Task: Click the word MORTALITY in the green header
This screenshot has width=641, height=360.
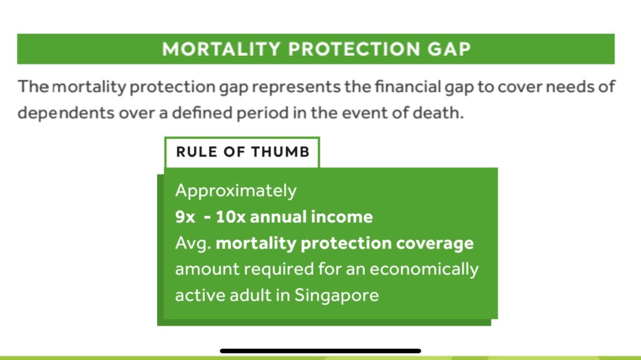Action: click(221, 49)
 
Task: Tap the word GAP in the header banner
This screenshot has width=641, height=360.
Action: click(449, 49)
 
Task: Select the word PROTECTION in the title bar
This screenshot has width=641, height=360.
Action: click(354, 49)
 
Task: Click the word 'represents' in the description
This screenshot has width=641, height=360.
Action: click(296, 87)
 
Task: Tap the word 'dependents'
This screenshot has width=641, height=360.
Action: click(66, 113)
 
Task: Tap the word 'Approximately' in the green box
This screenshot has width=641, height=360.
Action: click(236, 191)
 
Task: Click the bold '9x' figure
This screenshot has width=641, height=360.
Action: click(185, 217)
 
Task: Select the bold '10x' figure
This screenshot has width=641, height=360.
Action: click(230, 217)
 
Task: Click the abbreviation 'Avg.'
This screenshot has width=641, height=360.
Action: click(193, 244)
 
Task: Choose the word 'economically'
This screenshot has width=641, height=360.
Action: click(424, 270)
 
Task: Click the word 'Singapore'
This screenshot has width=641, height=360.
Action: click(336, 296)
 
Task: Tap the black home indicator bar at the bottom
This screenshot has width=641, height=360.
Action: click(320, 351)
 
